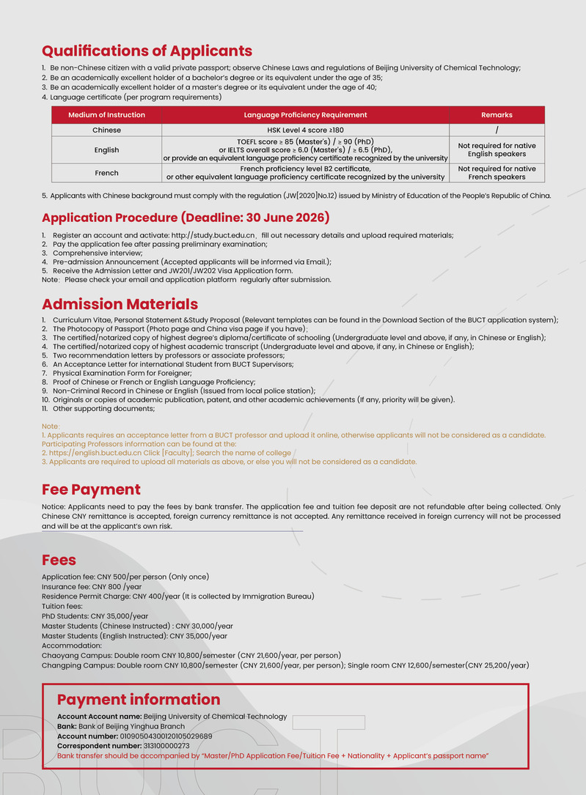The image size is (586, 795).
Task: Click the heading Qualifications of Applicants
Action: [147, 51]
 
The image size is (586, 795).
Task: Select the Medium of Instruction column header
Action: [106, 115]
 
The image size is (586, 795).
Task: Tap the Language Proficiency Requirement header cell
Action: [305, 115]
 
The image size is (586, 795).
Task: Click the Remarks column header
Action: [497, 115]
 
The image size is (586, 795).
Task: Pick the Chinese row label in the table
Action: [106, 130]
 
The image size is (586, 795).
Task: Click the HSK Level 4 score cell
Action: [305, 130]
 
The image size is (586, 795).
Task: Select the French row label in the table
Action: [106, 173]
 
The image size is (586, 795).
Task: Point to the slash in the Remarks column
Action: [497, 130]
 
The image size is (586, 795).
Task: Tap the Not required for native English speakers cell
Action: [497, 150]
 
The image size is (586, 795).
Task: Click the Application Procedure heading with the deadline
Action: [186, 218]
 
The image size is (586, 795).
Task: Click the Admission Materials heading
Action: [120, 304]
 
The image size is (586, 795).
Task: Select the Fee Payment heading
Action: [91, 489]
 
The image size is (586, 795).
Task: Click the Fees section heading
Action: [59, 561]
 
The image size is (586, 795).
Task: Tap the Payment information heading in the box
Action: [138, 700]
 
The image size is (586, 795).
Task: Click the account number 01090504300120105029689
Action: [155, 736]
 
